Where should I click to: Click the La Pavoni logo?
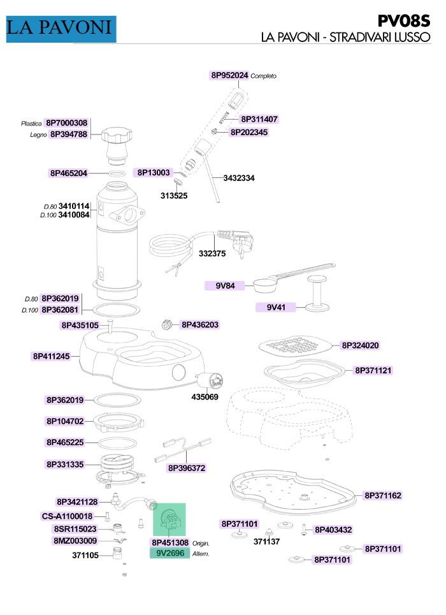(x=61, y=28)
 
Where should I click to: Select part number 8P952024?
(x=229, y=75)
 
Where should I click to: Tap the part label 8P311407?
(x=259, y=119)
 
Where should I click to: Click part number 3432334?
(x=239, y=178)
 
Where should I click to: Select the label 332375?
(x=212, y=254)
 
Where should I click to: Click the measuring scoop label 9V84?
(x=226, y=286)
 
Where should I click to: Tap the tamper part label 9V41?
(x=276, y=307)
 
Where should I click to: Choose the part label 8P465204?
(x=69, y=173)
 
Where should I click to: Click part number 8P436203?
(x=199, y=325)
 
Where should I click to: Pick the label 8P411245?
(x=52, y=356)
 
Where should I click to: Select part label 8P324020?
(x=360, y=345)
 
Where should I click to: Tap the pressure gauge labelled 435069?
(x=210, y=382)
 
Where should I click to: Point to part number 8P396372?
(x=187, y=468)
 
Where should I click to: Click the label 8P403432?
(x=333, y=530)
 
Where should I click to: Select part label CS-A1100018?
(x=67, y=516)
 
